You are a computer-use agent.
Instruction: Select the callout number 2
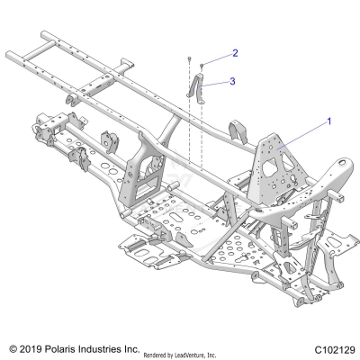(x=234, y=53)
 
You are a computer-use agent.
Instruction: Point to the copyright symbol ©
(x=12, y=346)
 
